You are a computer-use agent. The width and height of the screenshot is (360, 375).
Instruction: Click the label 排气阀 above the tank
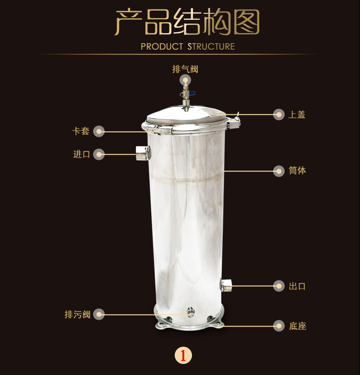[185, 69]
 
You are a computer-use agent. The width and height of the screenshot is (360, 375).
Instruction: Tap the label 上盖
[297, 115]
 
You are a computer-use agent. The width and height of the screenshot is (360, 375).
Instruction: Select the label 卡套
[81, 131]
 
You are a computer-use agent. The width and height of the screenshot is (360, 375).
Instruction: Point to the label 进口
[82, 154]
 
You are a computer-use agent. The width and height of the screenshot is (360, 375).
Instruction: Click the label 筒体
[298, 171]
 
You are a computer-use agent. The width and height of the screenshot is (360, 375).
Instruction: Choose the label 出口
[298, 286]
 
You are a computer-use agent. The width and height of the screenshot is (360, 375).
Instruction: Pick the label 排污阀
[77, 314]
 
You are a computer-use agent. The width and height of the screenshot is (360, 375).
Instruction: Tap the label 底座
[298, 326]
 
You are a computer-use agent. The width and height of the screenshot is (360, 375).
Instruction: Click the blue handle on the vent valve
[192, 94]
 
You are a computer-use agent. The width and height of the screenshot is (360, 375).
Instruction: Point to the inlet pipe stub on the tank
[143, 153]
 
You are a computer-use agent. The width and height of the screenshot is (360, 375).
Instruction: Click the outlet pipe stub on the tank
[226, 285]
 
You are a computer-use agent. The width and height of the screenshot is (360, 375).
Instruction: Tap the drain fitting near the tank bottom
[190, 312]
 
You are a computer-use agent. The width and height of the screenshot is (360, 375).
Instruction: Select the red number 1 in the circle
[183, 356]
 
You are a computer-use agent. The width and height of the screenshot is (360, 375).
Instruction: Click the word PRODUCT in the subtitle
[162, 47]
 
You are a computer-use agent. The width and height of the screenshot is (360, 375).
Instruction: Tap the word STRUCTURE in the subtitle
[211, 47]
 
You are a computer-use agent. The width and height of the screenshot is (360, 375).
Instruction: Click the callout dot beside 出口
[279, 286]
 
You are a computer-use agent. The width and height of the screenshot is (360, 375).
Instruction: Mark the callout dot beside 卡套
[99, 131]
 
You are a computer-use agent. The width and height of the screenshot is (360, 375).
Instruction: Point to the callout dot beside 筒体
[279, 171]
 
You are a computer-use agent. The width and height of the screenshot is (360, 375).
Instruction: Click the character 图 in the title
[246, 22]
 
